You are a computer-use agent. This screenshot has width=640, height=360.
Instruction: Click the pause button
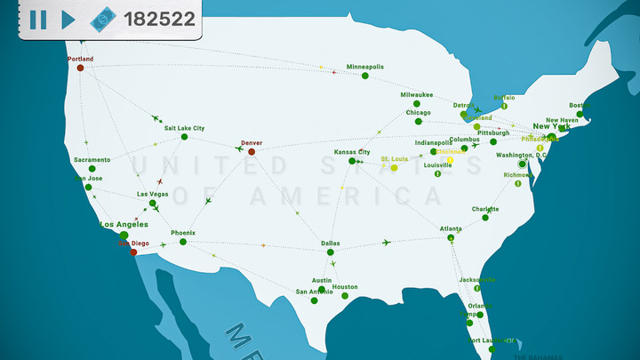pyautogui.click(x=38, y=19)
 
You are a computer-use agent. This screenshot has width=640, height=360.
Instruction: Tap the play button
pyautogui.click(x=68, y=19)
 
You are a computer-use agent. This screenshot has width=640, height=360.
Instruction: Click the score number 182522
pyautogui.click(x=160, y=19)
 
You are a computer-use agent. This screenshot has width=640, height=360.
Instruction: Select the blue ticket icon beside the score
pyautogui.click(x=102, y=19)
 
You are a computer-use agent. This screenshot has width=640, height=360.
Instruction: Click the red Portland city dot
pyautogui.click(x=80, y=68)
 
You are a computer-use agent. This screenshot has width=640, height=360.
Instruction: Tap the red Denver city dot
pyautogui.click(x=252, y=151)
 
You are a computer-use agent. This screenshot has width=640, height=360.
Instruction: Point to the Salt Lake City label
pyautogui.click(x=184, y=128)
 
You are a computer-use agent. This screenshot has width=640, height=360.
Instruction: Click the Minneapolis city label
pyautogui.click(x=365, y=67)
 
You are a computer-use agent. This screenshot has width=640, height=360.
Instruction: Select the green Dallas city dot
pyautogui.click(x=330, y=252)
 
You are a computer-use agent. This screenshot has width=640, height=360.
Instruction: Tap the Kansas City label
pyautogui.click(x=351, y=152)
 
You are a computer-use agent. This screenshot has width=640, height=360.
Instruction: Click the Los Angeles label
pyautogui.click(x=124, y=224)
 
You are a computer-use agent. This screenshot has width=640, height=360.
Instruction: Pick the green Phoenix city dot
pyautogui.click(x=182, y=242)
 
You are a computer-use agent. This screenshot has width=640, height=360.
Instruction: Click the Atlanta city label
pyautogui.click(x=451, y=228)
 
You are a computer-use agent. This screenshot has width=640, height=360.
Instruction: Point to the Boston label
pyautogui.click(x=579, y=104)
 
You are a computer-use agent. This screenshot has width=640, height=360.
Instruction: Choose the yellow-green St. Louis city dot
pyautogui.click(x=394, y=167)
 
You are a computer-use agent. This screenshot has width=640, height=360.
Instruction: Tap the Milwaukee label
pyautogui.click(x=416, y=94)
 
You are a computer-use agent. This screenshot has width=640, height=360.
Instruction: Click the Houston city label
pyautogui.click(x=345, y=286)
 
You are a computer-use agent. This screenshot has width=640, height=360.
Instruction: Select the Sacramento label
pyautogui.click(x=92, y=160)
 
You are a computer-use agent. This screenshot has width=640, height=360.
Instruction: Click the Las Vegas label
pyautogui.click(x=152, y=194)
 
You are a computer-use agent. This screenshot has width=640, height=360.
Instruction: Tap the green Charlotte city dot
pyautogui.click(x=486, y=217)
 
